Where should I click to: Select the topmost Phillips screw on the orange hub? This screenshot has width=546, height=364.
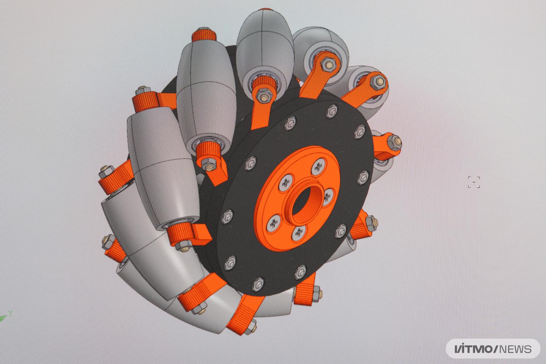318,167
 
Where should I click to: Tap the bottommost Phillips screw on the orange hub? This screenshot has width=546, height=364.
300,233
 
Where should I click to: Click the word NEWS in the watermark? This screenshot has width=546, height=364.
515,349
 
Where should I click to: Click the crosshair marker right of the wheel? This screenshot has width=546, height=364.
474,182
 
